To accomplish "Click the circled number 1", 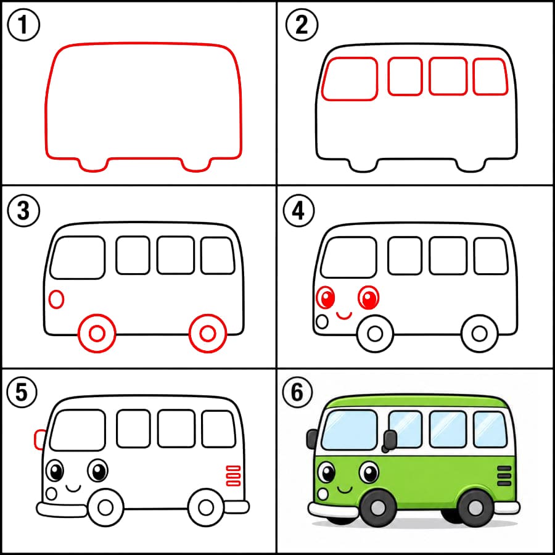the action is coord(23,25).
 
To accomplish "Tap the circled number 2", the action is coord(302,25).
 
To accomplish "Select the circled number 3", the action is coord(23,211).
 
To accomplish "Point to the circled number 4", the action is coord(298,211).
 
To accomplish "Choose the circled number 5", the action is coord(22,392).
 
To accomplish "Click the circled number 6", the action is coord(297,392).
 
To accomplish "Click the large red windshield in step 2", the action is coord(350,78).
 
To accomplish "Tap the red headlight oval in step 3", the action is coord(56,299).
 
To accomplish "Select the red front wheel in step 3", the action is coord(97,334).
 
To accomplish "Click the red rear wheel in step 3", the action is coord(208,334).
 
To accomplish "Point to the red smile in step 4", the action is coord(344,316).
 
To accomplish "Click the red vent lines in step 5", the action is coord(233,475).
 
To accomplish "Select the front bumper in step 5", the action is coord(62,510).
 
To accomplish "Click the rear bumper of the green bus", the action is coord(507,508).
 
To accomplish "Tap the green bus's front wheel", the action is coord(378,508).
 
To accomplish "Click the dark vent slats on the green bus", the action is coord(504,475).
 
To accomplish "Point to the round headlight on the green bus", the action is coord(323,493).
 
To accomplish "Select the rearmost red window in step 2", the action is coord(490,77).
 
